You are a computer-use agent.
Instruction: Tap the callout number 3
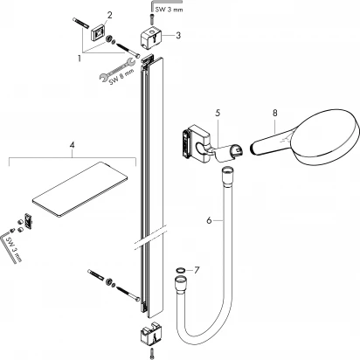pos(177,36)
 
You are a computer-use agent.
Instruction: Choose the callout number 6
pos(211,221)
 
